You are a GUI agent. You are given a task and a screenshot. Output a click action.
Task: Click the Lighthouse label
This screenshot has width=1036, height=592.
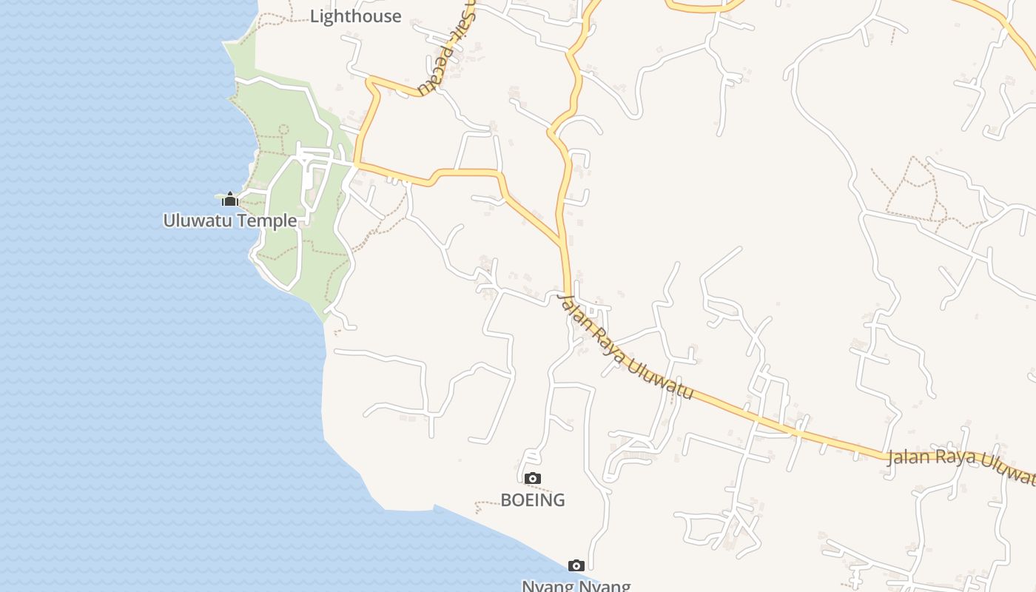coord(355,16)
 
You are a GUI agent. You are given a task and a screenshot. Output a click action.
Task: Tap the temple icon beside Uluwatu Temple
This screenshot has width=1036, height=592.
coord(230,199)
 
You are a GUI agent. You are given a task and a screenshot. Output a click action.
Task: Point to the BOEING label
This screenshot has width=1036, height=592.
coord(533,500)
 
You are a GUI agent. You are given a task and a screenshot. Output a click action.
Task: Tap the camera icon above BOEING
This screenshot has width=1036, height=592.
coord(533,479)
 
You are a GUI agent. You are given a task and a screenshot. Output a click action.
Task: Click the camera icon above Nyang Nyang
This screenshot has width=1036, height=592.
coord(576,566)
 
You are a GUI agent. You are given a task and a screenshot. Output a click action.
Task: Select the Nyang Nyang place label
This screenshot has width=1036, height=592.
coord(576,586)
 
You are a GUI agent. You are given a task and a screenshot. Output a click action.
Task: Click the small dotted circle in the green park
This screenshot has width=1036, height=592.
coord(283,129)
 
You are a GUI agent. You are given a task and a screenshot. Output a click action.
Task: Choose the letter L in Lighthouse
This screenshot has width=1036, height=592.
coord(314,16)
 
